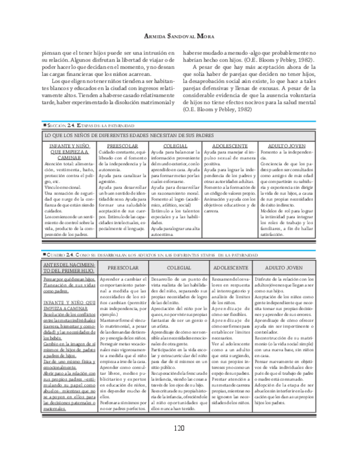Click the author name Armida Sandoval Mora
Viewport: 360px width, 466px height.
pos(179,36)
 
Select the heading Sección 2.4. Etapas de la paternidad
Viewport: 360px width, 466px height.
pos(91,126)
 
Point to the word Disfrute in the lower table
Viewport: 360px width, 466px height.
pos(264,280)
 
